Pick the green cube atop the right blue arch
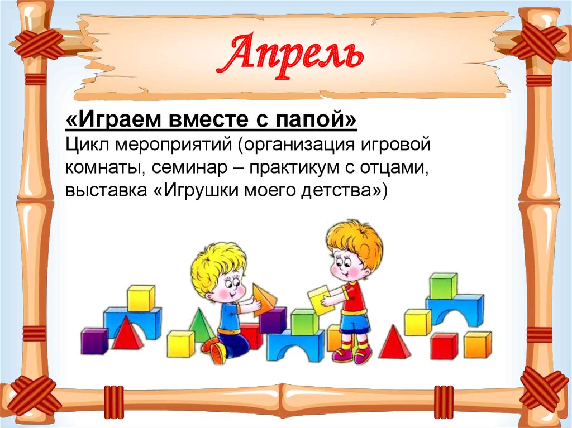click(x=443, y=285)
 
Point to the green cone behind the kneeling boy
click(x=201, y=326)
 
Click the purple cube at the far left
click(x=94, y=340)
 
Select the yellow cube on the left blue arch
click(x=140, y=298)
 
